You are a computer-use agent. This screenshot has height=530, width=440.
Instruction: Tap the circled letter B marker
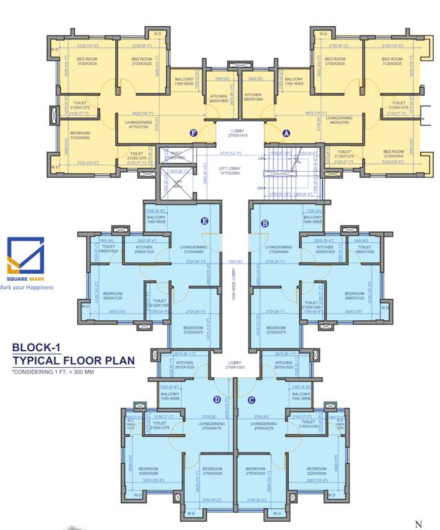pos(265,223)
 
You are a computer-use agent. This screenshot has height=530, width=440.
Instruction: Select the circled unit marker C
pos(251,399)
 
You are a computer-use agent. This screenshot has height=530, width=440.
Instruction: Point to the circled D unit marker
pos(217,399)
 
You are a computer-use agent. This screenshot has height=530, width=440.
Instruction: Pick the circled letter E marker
pos(204,222)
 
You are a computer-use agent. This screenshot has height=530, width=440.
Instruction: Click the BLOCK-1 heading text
pos(39,349)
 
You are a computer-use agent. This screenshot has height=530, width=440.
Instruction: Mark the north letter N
pos(418,524)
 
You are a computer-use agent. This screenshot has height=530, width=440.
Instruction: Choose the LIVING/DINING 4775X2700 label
pos(139,125)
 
